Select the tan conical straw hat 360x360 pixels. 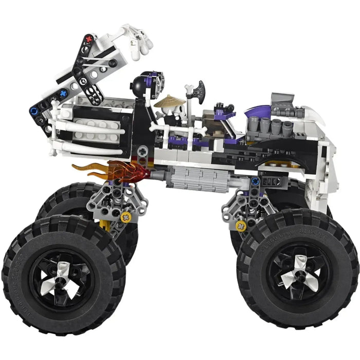(170, 101)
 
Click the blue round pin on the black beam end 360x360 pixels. (34, 110)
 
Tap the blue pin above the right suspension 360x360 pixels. (255, 181)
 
